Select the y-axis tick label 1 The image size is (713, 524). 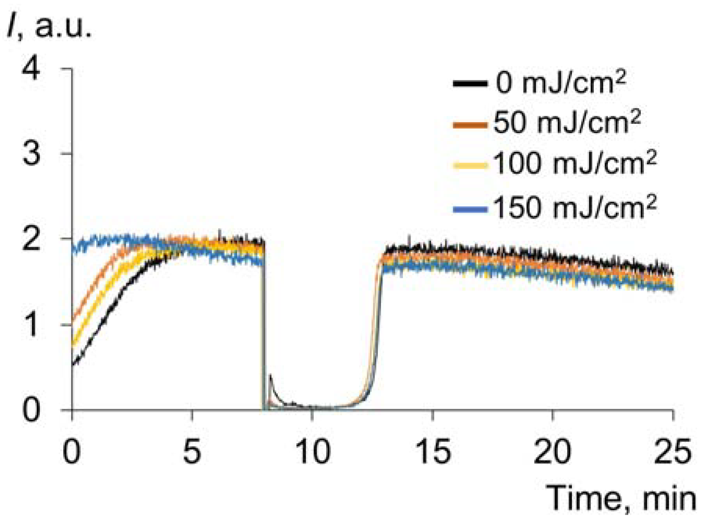point(31,325)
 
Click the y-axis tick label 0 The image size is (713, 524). point(31,410)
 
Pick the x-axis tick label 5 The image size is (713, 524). point(192,451)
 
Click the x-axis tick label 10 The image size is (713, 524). point(313,451)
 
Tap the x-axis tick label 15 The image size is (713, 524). point(433,451)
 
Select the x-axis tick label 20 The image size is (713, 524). point(552,451)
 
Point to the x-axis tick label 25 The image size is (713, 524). point(672,451)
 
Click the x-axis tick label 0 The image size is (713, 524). point(72,451)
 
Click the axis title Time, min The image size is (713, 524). point(621,499)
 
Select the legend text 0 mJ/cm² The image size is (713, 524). point(561,83)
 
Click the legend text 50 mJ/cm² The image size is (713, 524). point(566,123)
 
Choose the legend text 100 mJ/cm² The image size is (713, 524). point(574,163)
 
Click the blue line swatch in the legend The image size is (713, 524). point(470,210)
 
